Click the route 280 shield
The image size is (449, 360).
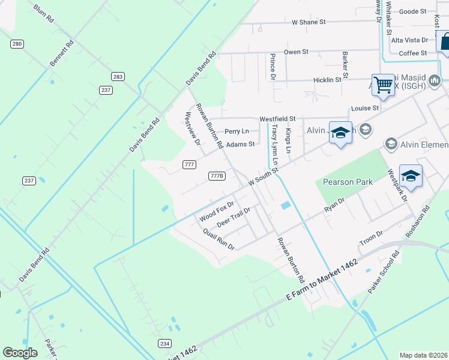click(16, 44)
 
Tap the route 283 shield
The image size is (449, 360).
click(118, 76)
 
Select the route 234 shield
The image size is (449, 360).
click(165, 343)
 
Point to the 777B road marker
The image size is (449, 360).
click(217, 176)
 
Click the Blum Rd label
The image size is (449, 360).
click(44, 14)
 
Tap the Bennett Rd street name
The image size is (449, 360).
click(62, 53)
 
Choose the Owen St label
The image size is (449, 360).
click(296, 52)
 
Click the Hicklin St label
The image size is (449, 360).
click(327, 79)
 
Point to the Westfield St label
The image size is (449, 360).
click(277, 119)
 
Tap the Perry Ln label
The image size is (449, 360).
click(237, 131)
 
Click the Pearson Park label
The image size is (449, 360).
click(348, 182)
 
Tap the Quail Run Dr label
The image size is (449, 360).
click(218, 239)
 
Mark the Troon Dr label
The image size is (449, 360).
click(370, 238)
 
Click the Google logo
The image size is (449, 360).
click(20, 353)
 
